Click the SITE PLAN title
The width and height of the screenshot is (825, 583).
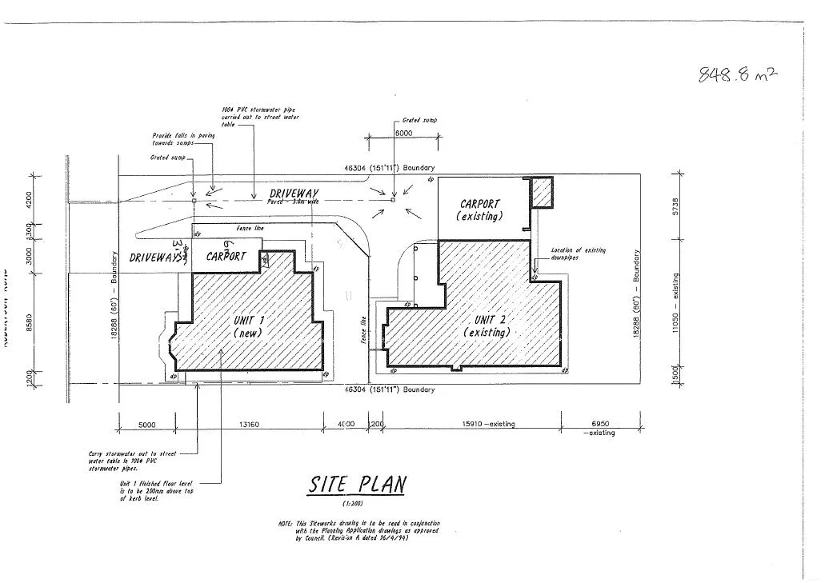(x=358, y=485)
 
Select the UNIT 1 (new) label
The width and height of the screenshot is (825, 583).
(x=249, y=326)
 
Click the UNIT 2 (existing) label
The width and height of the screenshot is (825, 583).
(x=487, y=326)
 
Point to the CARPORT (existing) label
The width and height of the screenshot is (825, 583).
(x=479, y=210)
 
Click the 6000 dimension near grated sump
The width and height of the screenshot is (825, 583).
(x=403, y=133)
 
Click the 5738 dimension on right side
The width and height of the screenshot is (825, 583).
(x=678, y=206)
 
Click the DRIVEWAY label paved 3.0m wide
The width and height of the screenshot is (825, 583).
(x=294, y=194)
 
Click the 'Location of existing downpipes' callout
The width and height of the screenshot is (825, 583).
(x=579, y=254)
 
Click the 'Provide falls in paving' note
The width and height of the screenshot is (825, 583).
(x=183, y=139)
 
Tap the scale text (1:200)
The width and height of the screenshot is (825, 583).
(x=354, y=504)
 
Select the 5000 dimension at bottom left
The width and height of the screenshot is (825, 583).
(x=146, y=424)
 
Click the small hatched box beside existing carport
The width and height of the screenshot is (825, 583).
(x=542, y=193)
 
